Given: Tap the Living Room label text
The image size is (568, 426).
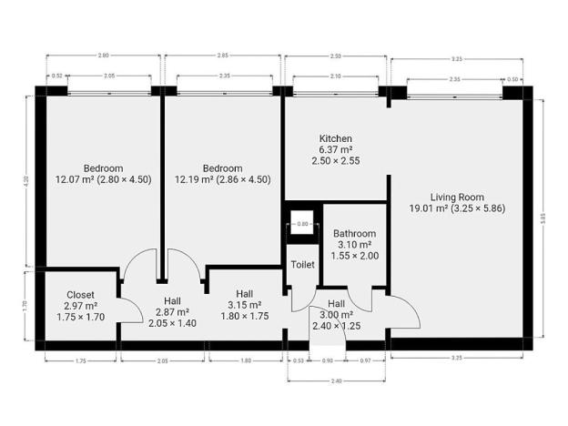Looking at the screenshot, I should (x=457, y=197).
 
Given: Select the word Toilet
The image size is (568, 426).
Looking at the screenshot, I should (x=302, y=265).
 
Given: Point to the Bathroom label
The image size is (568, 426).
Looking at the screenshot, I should (x=354, y=234).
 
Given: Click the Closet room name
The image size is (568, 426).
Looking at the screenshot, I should (x=80, y=295).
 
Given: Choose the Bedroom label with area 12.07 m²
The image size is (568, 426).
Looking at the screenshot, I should (x=103, y=168).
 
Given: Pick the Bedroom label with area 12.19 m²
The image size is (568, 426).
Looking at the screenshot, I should (x=222, y=168).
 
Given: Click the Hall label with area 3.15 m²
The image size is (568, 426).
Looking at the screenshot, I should (x=244, y=294).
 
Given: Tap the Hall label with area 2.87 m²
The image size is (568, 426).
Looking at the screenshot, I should (x=172, y=300).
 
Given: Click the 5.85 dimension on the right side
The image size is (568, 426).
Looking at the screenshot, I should (x=543, y=218).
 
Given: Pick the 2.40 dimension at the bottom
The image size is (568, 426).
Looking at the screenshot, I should (x=338, y=380).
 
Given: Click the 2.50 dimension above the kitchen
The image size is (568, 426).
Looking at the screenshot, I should (x=337, y=56).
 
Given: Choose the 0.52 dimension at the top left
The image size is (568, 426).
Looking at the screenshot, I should (x=57, y=76).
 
